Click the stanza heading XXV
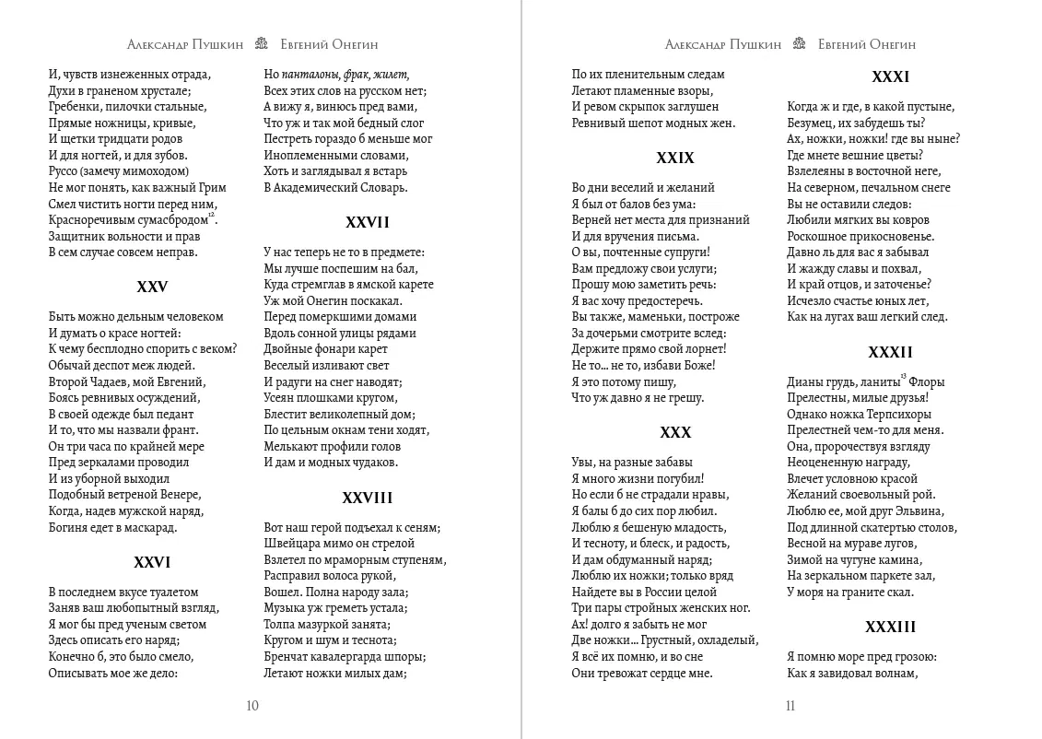(152, 287)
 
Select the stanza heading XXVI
(152, 562)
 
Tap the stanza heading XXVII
(368, 222)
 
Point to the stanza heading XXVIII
(368, 498)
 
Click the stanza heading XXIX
(675, 158)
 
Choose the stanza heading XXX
(675, 432)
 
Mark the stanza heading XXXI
(891, 77)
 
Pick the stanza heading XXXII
(891, 352)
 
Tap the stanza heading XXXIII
(891, 627)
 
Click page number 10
(252, 707)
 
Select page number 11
(790, 707)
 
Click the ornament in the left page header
(262, 44)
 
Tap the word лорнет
(703, 348)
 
